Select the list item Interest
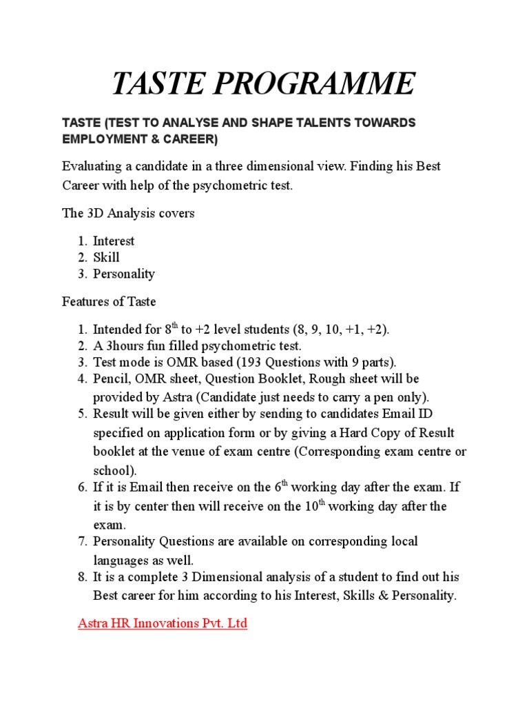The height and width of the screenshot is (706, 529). [114, 241]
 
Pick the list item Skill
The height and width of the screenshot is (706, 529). [106, 257]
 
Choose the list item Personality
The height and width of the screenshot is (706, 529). [124, 274]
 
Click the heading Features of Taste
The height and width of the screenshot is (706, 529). [109, 301]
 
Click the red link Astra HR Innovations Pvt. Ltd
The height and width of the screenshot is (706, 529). [163, 624]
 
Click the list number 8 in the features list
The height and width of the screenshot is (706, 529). [81, 576]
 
